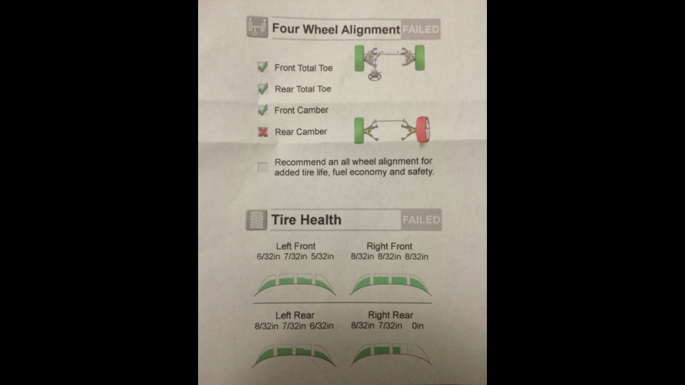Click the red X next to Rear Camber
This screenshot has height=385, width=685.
263,132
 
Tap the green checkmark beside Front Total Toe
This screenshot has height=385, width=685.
263,67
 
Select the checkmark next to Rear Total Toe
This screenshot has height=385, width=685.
263,88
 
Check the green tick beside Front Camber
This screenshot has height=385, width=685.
263,110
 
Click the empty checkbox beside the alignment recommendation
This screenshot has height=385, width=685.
262,167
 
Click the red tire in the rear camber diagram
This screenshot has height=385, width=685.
423,130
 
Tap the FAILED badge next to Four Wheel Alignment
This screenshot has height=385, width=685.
421,30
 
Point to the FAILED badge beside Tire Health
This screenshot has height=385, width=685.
421,220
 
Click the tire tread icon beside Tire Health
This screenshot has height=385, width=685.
256,220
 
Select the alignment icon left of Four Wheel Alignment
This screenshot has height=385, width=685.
257,27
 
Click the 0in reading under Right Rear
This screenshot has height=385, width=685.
417,326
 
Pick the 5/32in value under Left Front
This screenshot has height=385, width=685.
322,256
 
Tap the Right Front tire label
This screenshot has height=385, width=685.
389,246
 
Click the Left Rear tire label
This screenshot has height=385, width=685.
295,315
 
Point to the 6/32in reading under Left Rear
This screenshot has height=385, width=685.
321,326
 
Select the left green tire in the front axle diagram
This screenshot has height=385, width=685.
360,59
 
